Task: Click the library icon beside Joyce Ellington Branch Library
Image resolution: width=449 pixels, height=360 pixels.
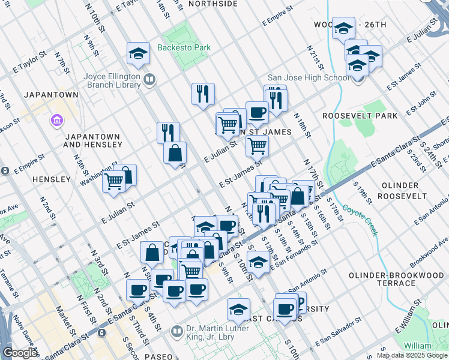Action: pos(149,78)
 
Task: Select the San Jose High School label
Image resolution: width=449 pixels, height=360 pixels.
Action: pos(307,78)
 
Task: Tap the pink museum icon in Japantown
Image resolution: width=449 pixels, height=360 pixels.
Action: pos(58,121)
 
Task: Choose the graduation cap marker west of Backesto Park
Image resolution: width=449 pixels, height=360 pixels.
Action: pos(138,53)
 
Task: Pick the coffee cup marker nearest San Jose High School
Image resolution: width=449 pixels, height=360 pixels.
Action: pos(257,112)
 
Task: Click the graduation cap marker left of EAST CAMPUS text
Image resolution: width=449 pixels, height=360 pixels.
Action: pos(238,309)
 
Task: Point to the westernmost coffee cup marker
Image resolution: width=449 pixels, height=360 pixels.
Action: pos(137,291)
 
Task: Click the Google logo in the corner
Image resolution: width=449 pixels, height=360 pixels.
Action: pos(20,353)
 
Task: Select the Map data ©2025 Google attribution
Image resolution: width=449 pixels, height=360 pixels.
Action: pos(412,355)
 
